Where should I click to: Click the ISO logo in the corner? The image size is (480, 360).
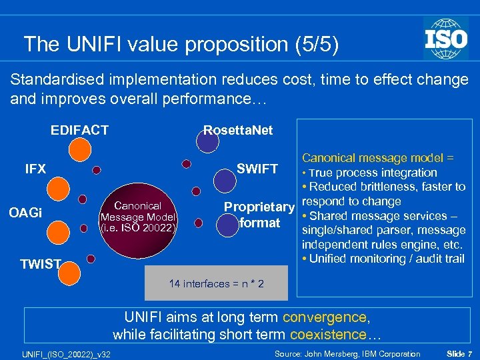coord(445,37)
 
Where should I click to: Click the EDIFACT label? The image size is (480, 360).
coord(79,129)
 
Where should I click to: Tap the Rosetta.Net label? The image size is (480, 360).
coord(238,129)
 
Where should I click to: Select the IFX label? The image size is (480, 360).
coord(35,169)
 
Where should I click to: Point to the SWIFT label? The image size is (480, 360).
coord(257,169)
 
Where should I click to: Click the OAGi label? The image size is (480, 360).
coord(25,213)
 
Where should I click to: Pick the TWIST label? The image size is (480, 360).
coord(40,264)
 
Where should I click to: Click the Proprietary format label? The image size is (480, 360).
coord(259,214)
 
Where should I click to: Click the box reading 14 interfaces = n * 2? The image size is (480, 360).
coord(216,284)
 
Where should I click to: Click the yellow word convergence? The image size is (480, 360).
coord(324,318)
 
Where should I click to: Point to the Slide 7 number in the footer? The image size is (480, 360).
coord(459,353)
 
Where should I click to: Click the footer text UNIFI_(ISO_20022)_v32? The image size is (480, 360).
coord(65,353)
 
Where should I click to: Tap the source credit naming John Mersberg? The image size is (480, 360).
coord(347,353)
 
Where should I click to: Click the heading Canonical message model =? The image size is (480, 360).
coord(378,158)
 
